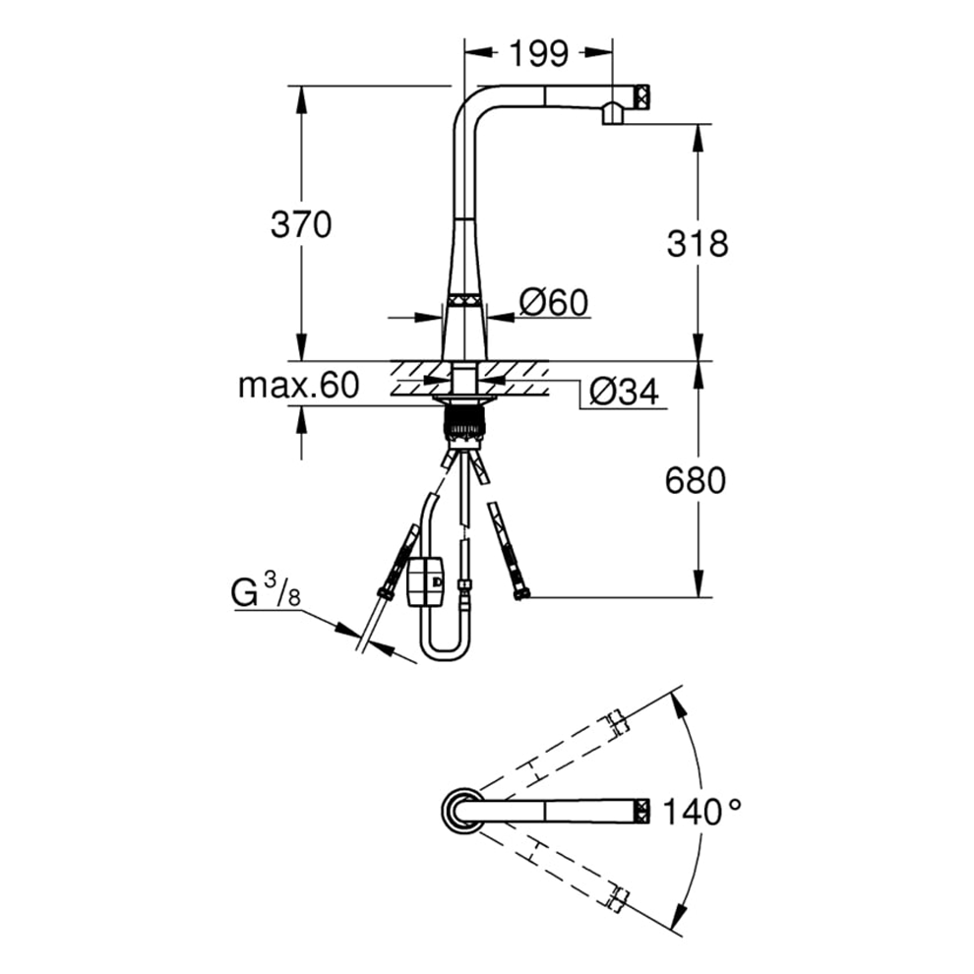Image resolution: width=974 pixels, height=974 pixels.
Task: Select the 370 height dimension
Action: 301,224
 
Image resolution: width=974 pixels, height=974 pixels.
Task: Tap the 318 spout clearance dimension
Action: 697,243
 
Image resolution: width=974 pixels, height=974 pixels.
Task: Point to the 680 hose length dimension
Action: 696,480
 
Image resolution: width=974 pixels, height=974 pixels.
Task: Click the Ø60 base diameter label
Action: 554,303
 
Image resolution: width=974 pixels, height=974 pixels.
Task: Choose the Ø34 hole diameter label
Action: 624,392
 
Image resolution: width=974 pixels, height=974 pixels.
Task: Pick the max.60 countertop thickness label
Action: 299,385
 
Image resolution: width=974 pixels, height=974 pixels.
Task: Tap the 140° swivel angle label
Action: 701,812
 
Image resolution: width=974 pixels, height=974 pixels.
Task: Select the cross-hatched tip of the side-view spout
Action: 641,96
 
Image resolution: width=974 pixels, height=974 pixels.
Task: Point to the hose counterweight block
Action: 425,581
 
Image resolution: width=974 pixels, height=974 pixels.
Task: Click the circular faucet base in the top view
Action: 461,810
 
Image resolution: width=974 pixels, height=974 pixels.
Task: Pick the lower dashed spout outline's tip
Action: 619,897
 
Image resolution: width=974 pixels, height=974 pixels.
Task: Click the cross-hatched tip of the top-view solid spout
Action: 642,811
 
